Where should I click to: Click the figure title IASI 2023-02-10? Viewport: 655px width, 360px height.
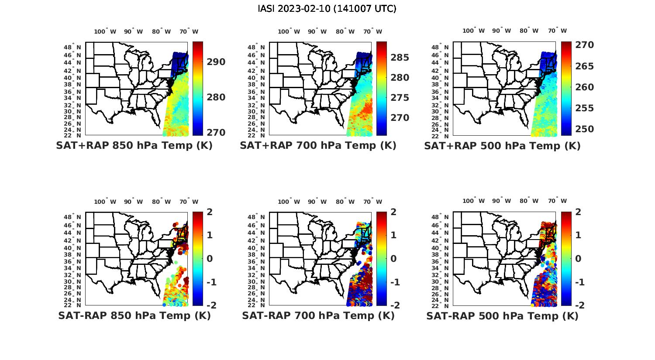[x=327, y=9]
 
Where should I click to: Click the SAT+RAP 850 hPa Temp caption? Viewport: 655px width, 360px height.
[x=134, y=146]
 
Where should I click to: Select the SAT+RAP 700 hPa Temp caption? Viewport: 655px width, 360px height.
[x=318, y=146]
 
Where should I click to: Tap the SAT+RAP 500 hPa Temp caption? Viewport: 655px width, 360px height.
[x=502, y=146]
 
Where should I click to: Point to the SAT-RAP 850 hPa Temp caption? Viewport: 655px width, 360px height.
[x=134, y=315]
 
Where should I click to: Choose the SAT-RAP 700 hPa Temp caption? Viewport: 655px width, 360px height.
[x=318, y=315]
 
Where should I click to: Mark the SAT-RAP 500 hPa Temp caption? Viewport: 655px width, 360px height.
[x=502, y=316]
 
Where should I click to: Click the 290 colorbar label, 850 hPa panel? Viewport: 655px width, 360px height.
[x=216, y=62]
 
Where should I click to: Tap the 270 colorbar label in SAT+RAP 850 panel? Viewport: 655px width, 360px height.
[x=216, y=132]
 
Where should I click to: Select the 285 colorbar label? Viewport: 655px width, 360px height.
[x=400, y=58]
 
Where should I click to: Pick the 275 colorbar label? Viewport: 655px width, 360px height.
[x=400, y=98]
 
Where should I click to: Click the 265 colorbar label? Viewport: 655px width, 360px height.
[x=584, y=66]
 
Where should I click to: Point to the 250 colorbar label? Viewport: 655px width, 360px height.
[x=584, y=129]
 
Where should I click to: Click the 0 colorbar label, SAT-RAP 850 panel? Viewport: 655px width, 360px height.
[x=209, y=258]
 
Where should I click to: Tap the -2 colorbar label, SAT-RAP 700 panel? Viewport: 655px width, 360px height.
[x=394, y=305]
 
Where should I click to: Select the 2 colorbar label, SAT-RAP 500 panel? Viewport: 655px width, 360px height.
[x=578, y=212]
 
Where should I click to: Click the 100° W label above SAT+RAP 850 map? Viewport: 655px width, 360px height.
[x=105, y=31]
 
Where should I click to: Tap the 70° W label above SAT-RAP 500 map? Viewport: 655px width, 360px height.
[x=557, y=201]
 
